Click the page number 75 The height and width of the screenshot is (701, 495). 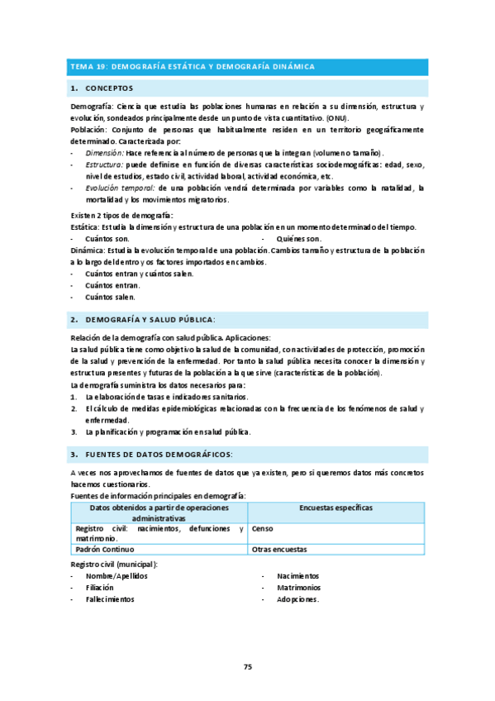tap(247, 666)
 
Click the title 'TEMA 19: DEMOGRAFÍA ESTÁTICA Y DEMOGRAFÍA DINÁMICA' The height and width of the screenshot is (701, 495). tap(198, 66)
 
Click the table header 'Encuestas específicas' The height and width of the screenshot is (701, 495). tap(336, 507)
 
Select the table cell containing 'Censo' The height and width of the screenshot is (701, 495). tap(263, 528)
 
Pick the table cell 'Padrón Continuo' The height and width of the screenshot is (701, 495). tap(105, 549)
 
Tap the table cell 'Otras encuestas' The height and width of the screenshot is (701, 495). tap(279, 549)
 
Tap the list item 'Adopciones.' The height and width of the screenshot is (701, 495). tap(298, 599)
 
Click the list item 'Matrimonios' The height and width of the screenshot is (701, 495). tap(300, 588)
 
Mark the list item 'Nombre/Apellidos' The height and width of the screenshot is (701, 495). tap(117, 575)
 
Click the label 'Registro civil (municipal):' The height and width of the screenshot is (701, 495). tap(114, 564)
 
